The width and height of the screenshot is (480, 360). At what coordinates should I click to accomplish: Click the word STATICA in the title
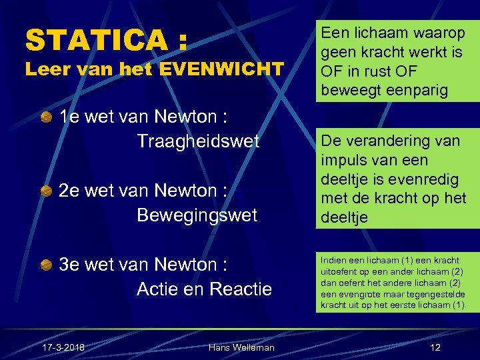pyautogui.click(x=97, y=40)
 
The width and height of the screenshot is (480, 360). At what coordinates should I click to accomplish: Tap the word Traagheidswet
pyautogui.click(x=198, y=141)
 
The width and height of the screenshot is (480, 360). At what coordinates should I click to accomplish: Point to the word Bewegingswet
pyautogui.click(x=197, y=215)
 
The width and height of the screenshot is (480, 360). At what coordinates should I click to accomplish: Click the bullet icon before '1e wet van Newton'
pyautogui.click(x=46, y=118)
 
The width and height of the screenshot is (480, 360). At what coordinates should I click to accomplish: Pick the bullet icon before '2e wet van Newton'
pyautogui.click(x=46, y=192)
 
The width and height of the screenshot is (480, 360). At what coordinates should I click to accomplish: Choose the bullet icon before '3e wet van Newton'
pyautogui.click(x=46, y=266)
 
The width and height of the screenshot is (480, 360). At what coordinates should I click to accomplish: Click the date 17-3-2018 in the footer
pyautogui.click(x=63, y=347)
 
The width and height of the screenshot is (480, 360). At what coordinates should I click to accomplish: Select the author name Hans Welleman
pyautogui.click(x=241, y=347)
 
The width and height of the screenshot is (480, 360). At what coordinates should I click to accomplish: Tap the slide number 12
pyautogui.click(x=435, y=347)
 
